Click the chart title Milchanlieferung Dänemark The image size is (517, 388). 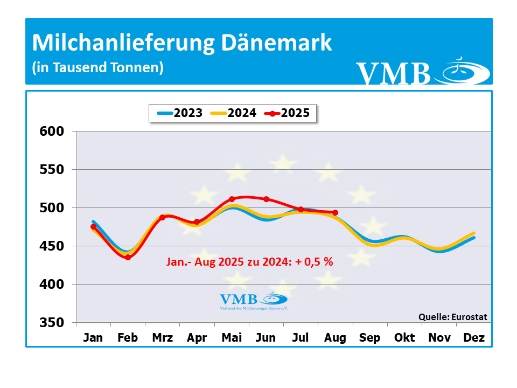coord(181,43)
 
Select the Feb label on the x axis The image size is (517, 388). coord(128,338)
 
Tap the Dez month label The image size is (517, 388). coord(474,338)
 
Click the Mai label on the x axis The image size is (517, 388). coord(232,338)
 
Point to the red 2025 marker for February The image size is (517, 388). coord(128,258)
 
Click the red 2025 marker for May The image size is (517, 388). coord(232,199)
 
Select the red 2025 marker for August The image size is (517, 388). coord(335,212)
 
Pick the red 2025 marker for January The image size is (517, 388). coord(94,227)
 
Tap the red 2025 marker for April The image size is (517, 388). coord(197,222)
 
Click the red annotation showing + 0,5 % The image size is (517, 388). coord(249,262)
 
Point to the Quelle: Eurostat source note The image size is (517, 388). coord(452,317)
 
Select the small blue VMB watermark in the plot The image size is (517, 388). coord(254,300)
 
